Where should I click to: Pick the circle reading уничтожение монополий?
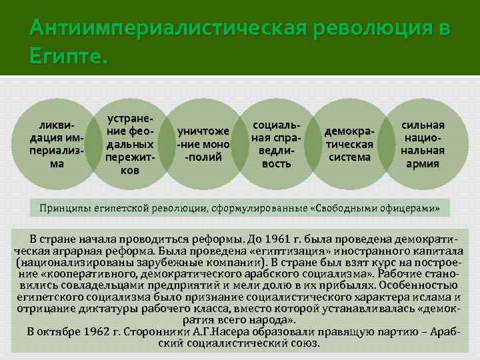pos(203,145)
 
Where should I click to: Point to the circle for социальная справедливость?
pos(276,145)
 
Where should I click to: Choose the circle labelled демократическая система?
pos(349,145)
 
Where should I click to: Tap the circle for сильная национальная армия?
pos(421,145)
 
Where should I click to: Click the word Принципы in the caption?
pos(66,207)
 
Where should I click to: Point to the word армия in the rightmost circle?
pos(423,163)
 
